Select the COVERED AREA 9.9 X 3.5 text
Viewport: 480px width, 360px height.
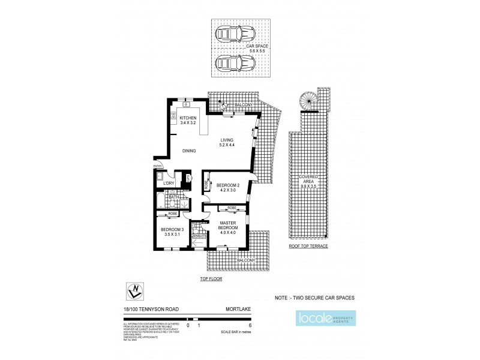tap(310, 182)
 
